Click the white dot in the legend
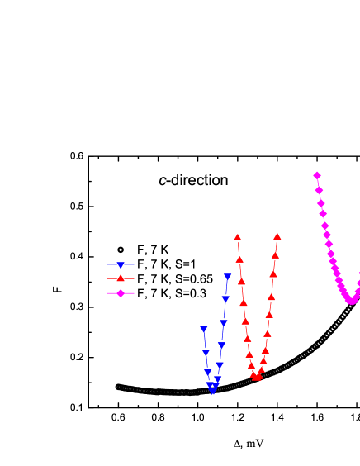click(x=121, y=250)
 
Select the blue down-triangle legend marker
click(x=121, y=265)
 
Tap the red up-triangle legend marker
click(x=121, y=278)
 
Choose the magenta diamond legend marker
click(x=121, y=293)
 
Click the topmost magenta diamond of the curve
click(x=317, y=175)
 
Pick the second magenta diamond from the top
click(x=319, y=190)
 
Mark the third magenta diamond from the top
click(x=321, y=203)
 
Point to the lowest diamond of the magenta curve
click(x=351, y=301)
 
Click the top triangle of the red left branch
click(x=238, y=237)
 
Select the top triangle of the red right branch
click(x=277, y=236)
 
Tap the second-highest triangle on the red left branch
click(x=239, y=259)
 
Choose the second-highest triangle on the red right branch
click(x=275, y=255)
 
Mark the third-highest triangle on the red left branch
click(x=241, y=282)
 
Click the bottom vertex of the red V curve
click(x=257, y=378)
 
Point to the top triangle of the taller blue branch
click(x=227, y=278)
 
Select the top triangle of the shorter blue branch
click(x=204, y=329)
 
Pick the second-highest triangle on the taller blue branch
click(x=225, y=299)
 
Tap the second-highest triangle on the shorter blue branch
click(x=206, y=354)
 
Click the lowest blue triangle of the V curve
click(x=212, y=391)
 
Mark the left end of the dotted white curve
click(x=118, y=387)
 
